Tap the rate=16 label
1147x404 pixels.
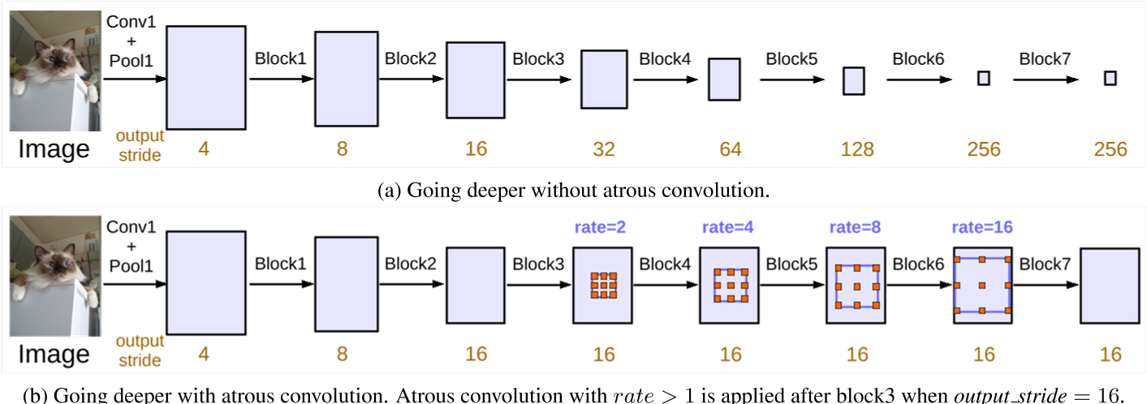click(982, 228)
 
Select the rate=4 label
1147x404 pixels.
click(728, 228)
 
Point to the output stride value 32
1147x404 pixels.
click(603, 149)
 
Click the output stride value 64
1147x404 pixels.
click(731, 149)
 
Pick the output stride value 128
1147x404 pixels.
click(857, 149)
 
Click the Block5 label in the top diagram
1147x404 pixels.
click(791, 59)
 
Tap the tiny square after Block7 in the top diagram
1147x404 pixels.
click(1110, 78)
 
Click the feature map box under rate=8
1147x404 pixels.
click(856, 286)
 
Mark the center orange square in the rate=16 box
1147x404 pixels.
click(982, 286)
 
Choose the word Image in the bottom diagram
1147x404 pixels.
click(54, 354)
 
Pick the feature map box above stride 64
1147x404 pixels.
click(724, 80)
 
